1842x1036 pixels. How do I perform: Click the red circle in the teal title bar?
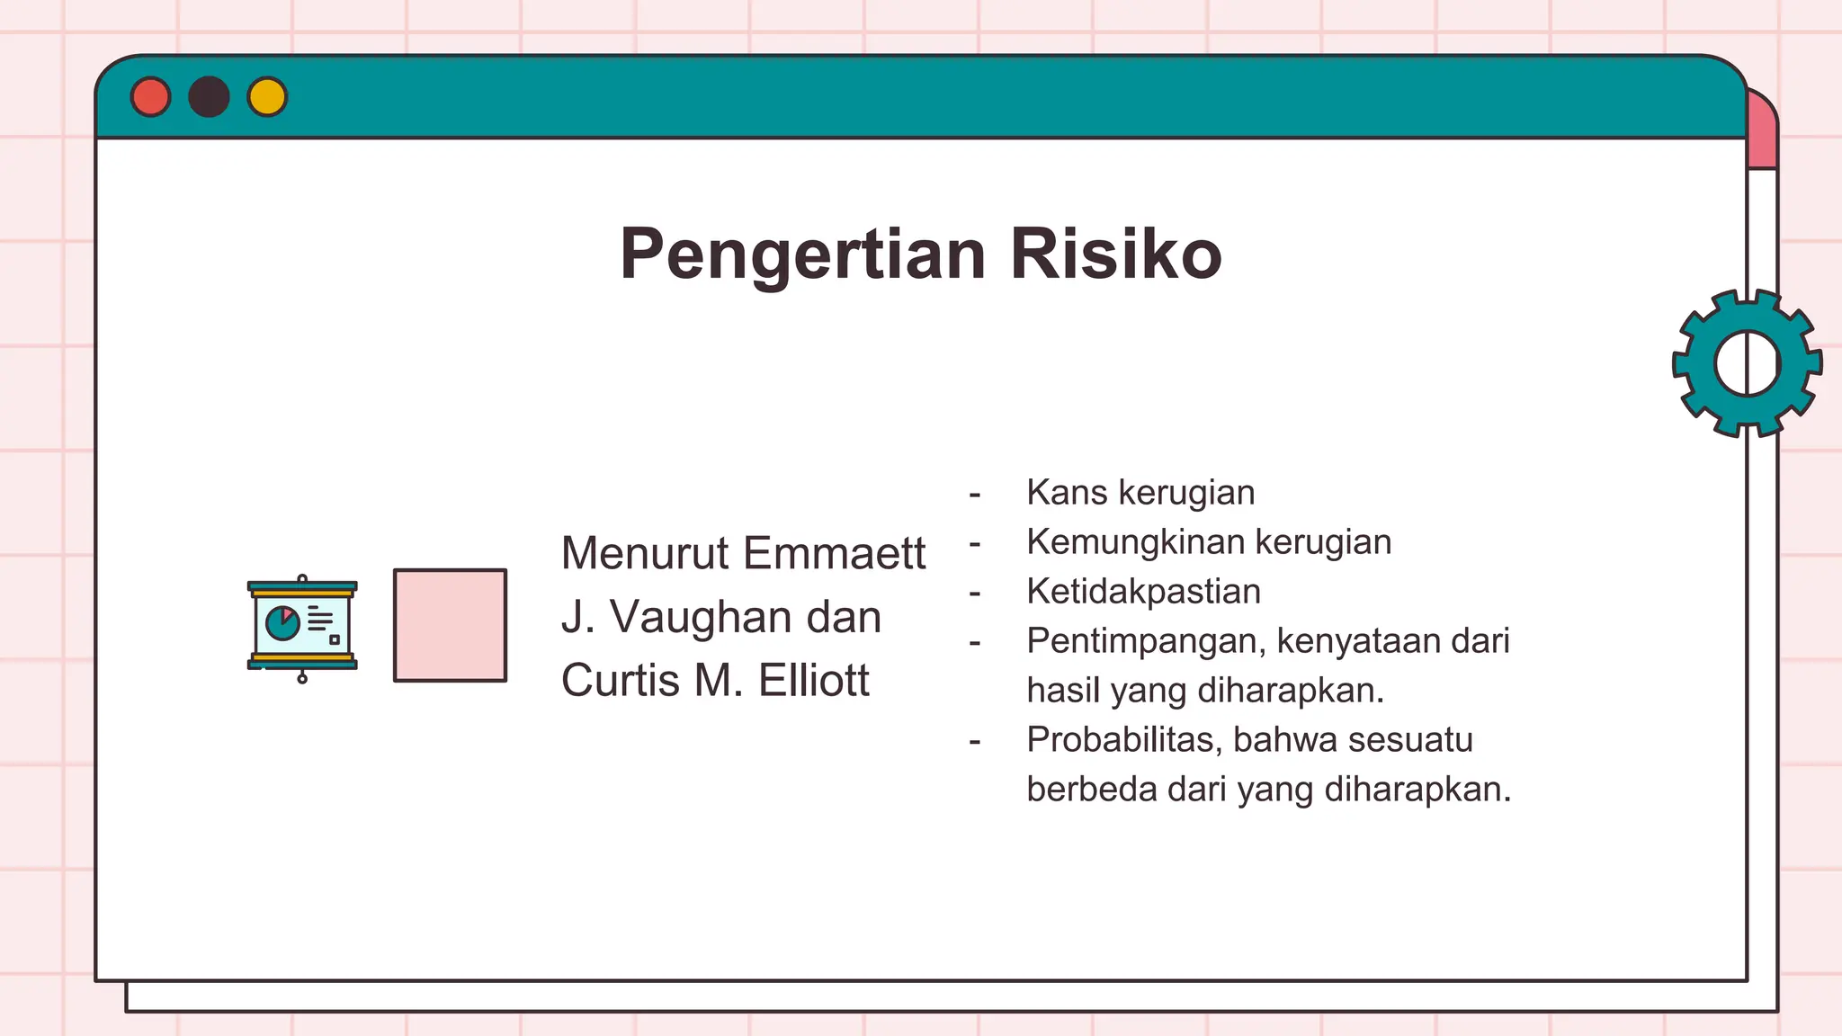[150, 97]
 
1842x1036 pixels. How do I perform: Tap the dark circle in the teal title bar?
[209, 97]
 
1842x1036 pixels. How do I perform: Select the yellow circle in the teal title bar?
[267, 97]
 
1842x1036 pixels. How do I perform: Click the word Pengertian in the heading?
[803, 255]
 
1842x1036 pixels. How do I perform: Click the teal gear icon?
[1747, 363]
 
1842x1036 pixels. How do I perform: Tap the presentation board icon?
[302, 627]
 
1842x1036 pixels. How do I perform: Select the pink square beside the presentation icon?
[450, 625]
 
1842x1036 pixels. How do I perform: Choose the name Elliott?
[813, 680]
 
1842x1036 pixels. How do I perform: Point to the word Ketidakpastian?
[1143, 592]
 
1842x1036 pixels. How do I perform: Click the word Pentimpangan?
[1147, 641]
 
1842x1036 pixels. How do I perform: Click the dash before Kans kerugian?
[975, 495]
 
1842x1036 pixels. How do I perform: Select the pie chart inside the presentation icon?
[283, 622]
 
